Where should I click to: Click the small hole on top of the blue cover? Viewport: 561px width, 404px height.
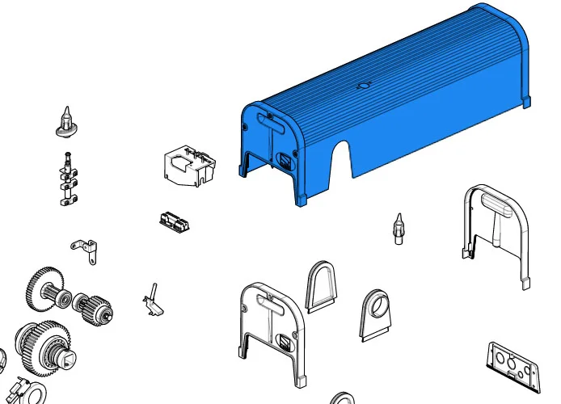click(x=362, y=83)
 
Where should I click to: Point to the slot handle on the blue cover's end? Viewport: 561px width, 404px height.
click(x=269, y=121)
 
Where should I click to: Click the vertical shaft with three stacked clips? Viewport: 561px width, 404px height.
click(x=68, y=179)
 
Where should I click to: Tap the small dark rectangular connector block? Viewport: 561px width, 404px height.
click(x=175, y=221)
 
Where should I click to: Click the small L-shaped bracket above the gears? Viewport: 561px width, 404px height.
click(x=85, y=249)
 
